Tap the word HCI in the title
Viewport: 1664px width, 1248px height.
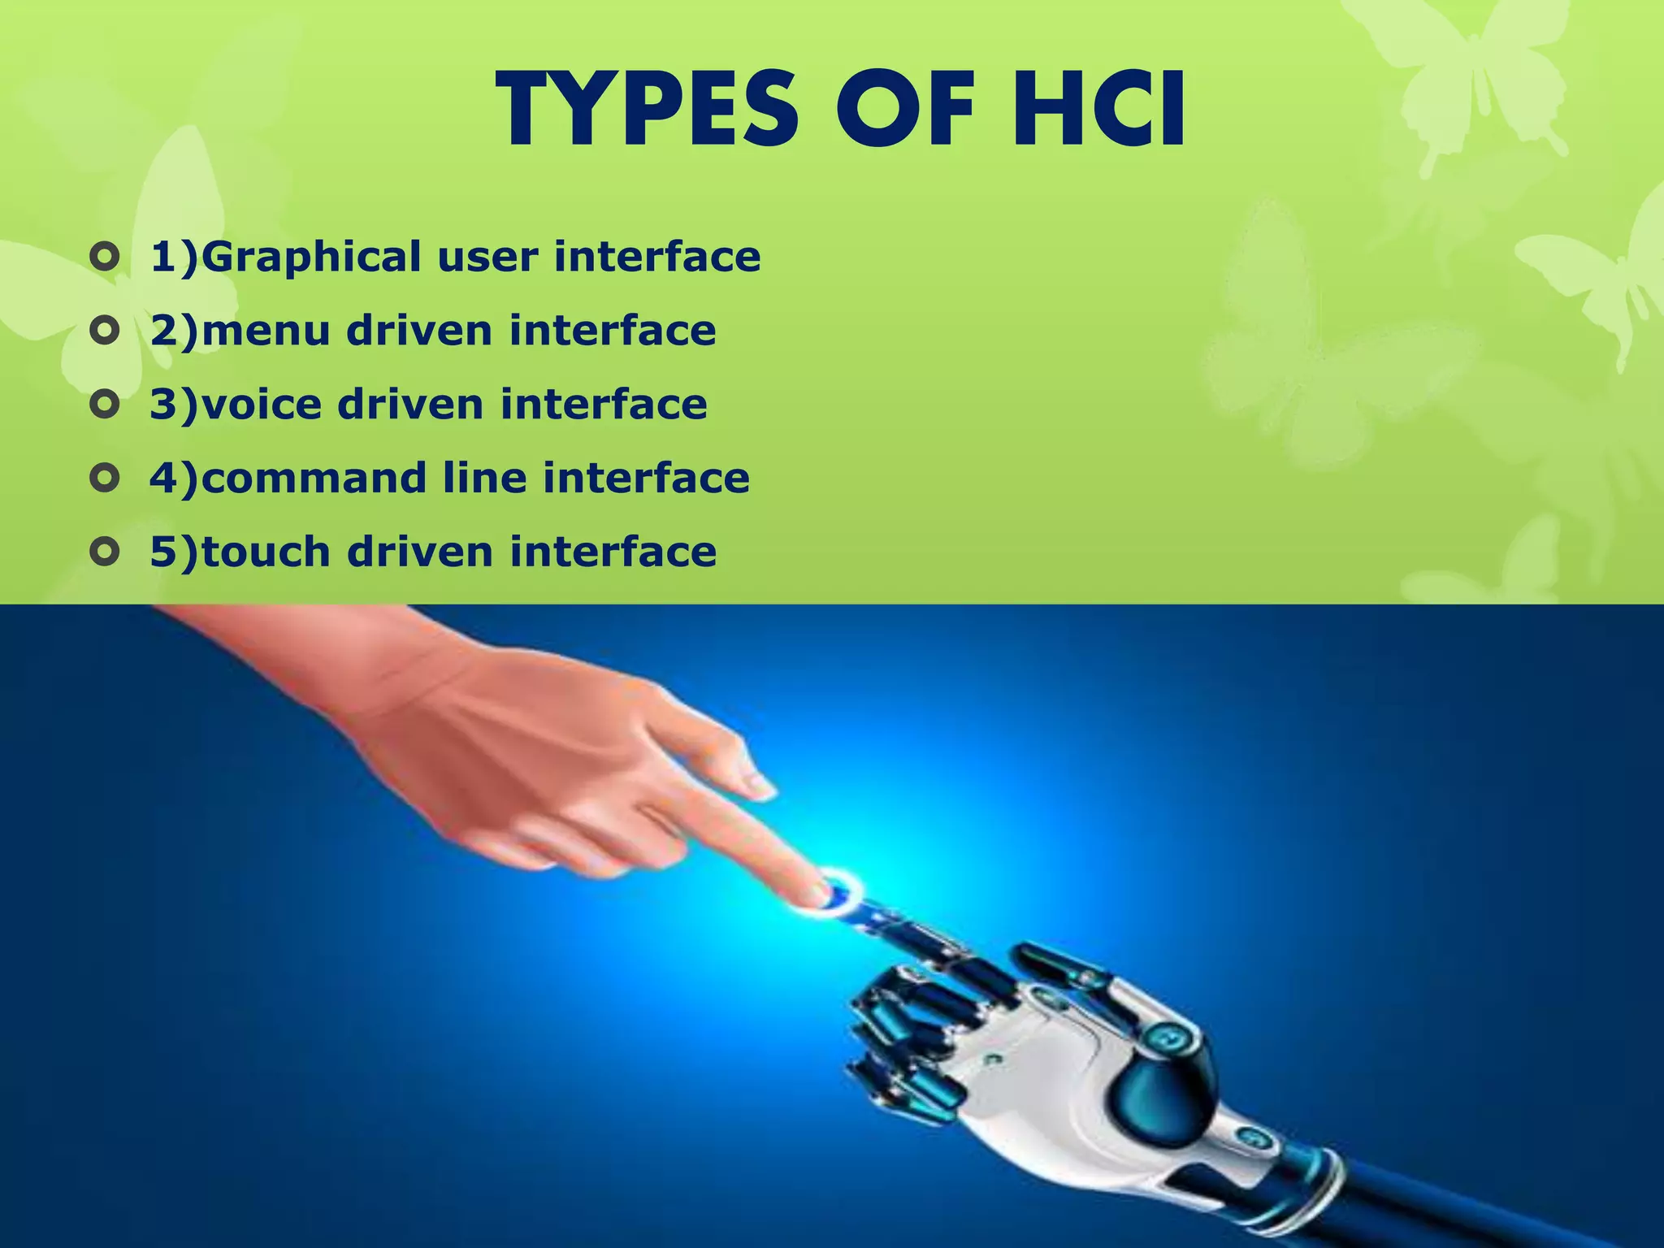pyautogui.click(x=1096, y=110)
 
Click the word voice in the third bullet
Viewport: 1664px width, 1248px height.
pyautogui.click(x=261, y=404)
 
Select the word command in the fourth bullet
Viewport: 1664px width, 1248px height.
pyautogui.click(x=314, y=478)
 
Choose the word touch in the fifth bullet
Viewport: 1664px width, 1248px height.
pyautogui.click(x=266, y=552)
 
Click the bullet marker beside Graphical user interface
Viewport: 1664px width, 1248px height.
pyautogui.click(x=105, y=258)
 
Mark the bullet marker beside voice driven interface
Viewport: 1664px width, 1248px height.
pyautogui.click(x=105, y=405)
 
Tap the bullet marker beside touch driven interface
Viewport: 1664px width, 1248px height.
pyautogui.click(x=105, y=552)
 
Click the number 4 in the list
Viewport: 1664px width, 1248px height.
pyautogui.click(x=164, y=478)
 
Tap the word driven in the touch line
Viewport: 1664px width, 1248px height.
pyautogui.click(x=421, y=552)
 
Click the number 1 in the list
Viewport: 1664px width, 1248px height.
pyautogui.click(x=164, y=257)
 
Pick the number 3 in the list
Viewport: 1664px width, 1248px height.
pyautogui.click(x=164, y=404)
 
